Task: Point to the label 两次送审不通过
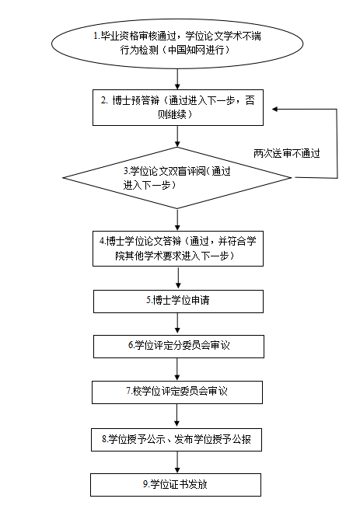pyautogui.click(x=287, y=153)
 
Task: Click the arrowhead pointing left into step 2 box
pyautogui.click(x=274, y=110)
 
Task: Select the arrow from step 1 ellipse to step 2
pyautogui.click(x=177, y=79)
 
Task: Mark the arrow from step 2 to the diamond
pyautogui.click(x=177, y=136)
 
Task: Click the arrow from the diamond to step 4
pyautogui.click(x=177, y=220)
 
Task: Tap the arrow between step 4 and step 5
pyautogui.click(x=178, y=278)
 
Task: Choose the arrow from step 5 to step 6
pyautogui.click(x=178, y=324)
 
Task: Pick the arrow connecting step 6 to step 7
pyautogui.click(x=177, y=369)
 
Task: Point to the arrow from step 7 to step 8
pyautogui.click(x=177, y=416)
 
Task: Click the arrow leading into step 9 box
pyautogui.click(x=177, y=462)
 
